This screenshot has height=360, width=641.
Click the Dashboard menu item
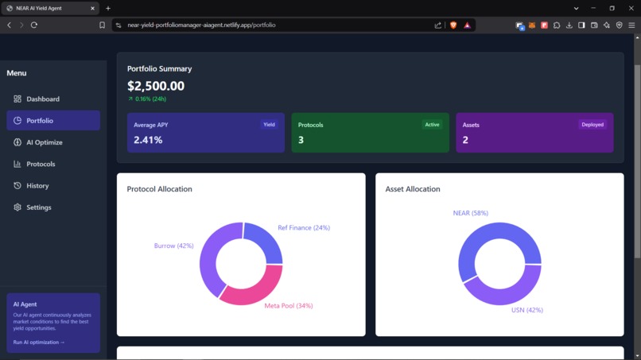tap(43, 99)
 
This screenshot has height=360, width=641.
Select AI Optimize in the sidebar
tap(44, 142)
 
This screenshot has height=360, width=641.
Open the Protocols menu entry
tap(41, 164)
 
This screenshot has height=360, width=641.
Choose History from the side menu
tap(37, 186)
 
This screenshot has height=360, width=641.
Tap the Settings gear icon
tap(17, 207)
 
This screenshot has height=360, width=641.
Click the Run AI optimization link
tap(39, 343)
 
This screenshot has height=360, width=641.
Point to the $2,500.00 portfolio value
tap(156, 86)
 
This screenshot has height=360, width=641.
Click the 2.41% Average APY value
tap(148, 140)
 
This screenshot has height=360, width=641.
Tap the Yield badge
tap(269, 125)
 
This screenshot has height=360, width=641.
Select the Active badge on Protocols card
tap(432, 125)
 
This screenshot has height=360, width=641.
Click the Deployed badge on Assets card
tap(592, 125)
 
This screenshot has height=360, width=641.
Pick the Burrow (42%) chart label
tap(173, 246)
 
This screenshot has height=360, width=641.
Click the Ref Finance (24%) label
tap(303, 228)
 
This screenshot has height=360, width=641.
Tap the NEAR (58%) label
tap(470, 213)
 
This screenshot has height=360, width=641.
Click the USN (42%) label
tap(526, 310)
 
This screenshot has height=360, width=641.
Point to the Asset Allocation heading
tap(412, 189)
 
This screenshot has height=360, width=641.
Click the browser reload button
tap(34, 25)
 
